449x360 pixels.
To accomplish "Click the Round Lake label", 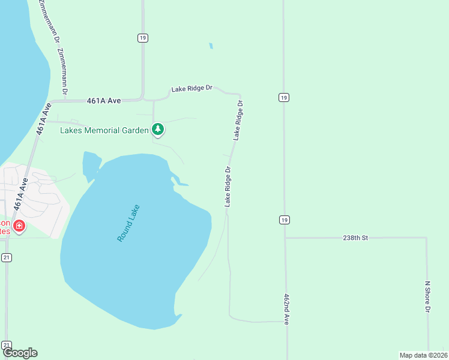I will coord(128,223).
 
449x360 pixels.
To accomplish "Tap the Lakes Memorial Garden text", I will coord(104,130).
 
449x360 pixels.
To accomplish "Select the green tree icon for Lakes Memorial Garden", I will coord(158,129).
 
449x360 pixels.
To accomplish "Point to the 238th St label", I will coord(355,238).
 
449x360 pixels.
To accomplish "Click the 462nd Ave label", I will coord(287,310).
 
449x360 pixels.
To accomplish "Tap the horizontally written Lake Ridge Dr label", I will coord(192,88).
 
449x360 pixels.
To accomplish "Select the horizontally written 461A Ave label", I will coord(104,101).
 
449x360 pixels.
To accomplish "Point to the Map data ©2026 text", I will coord(423,355).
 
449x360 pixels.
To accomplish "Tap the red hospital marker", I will coord(19,226).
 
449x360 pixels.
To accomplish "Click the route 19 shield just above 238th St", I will coord(284,220).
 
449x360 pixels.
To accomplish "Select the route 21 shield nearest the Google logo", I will coord(7,345).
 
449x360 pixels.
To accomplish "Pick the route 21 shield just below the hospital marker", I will coord(7,257).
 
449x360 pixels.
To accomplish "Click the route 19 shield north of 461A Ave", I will coord(142,38).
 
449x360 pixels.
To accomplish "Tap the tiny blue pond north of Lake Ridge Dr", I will coord(211,46).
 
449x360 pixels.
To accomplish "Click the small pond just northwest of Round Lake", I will coord(91,164).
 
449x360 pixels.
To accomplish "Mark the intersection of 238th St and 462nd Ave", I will coord(285,238).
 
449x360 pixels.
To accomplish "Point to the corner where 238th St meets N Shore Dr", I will coord(427,238).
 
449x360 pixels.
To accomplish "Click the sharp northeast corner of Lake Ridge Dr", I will coord(240,95).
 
